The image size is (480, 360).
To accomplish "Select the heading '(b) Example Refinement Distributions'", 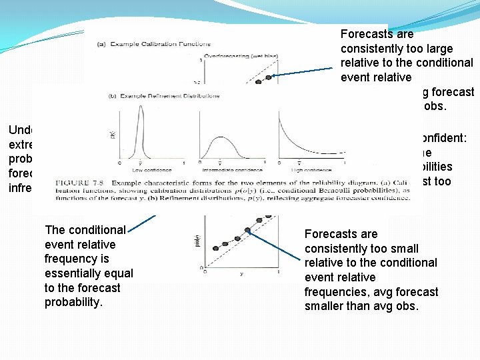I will click(164, 96).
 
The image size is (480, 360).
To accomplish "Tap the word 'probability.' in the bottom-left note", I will click(75, 303).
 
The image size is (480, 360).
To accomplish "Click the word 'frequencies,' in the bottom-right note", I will click(340, 291).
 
